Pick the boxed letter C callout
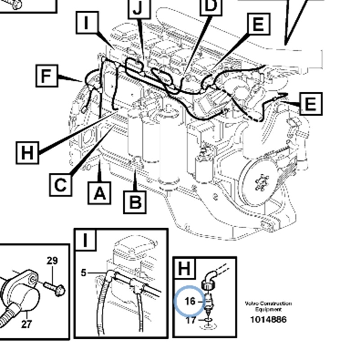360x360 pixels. (60, 184)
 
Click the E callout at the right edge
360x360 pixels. (310, 103)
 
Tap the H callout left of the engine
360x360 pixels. (27, 153)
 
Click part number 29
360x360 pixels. (52, 261)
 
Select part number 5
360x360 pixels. (83, 272)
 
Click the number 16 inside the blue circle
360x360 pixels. (190, 300)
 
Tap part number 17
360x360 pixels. (190, 320)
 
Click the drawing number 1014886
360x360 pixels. (268, 320)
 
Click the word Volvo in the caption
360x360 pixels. (252, 304)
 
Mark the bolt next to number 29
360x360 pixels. (55, 287)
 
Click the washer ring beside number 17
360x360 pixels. (208, 321)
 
